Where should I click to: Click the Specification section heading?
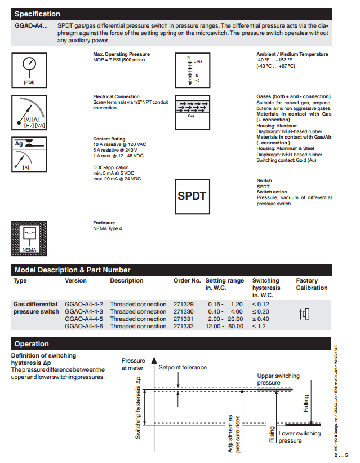click(37, 14)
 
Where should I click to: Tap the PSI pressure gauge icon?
click(29, 69)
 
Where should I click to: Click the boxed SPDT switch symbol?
click(192, 196)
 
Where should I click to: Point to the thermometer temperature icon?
click(192, 69)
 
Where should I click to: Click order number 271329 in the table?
click(183, 304)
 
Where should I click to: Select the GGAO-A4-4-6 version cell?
click(84, 326)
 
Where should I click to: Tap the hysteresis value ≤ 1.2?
click(260, 326)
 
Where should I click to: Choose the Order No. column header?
click(187, 280)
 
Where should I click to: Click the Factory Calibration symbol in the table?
click(304, 314)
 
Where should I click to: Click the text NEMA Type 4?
click(107, 228)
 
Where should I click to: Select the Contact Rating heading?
click(109, 139)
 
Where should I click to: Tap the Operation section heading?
click(32, 343)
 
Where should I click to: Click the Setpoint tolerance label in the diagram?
click(183, 367)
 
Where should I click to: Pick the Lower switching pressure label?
click(299, 437)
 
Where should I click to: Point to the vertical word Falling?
click(306, 403)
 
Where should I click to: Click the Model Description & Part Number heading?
click(72, 270)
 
